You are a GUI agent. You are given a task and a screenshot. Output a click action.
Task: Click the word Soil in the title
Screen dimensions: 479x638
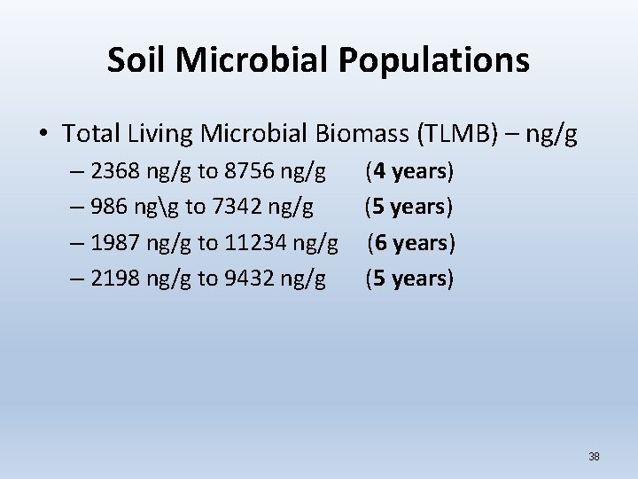[139, 60]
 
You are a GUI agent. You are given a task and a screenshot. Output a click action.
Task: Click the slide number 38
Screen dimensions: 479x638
[594, 457]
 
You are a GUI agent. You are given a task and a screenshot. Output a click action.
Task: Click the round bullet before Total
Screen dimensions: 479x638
[43, 136]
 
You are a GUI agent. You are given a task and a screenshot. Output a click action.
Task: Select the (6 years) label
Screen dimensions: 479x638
[412, 243]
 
